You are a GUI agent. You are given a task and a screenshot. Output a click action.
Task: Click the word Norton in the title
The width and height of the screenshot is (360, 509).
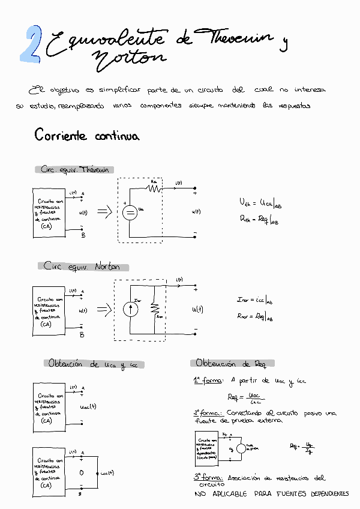[x=128, y=58]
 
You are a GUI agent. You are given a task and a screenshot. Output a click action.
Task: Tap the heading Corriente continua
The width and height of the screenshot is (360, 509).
[x=86, y=136]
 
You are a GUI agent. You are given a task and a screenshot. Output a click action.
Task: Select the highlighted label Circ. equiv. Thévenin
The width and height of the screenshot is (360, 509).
[x=75, y=170]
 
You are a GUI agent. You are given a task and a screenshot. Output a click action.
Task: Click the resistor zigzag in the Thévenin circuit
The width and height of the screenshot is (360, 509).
[x=154, y=188]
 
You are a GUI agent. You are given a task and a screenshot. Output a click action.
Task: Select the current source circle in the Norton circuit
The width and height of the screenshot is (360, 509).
[x=130, y=309]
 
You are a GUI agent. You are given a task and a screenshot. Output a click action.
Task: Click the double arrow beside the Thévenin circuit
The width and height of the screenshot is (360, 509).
[x=106, y=211]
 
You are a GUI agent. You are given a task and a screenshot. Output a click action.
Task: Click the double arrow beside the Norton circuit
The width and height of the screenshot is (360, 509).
[x=106, y=310]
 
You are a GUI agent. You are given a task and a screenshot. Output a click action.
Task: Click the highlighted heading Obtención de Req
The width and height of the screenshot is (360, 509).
[x=232, y=363]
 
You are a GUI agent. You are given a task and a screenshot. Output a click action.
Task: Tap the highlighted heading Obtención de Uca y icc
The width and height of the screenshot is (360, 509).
[x=95, y=364]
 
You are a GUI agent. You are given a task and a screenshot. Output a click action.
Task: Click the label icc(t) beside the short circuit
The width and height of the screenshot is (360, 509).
[x=107, y=472]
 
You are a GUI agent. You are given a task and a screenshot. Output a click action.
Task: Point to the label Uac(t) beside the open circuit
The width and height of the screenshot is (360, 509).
[x=88, y=406]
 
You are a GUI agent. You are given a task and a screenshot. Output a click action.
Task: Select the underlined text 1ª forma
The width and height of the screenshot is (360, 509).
[x=208, y=380]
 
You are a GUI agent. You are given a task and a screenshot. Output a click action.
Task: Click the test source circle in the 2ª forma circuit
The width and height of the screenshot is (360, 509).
[x=241, y=448]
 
